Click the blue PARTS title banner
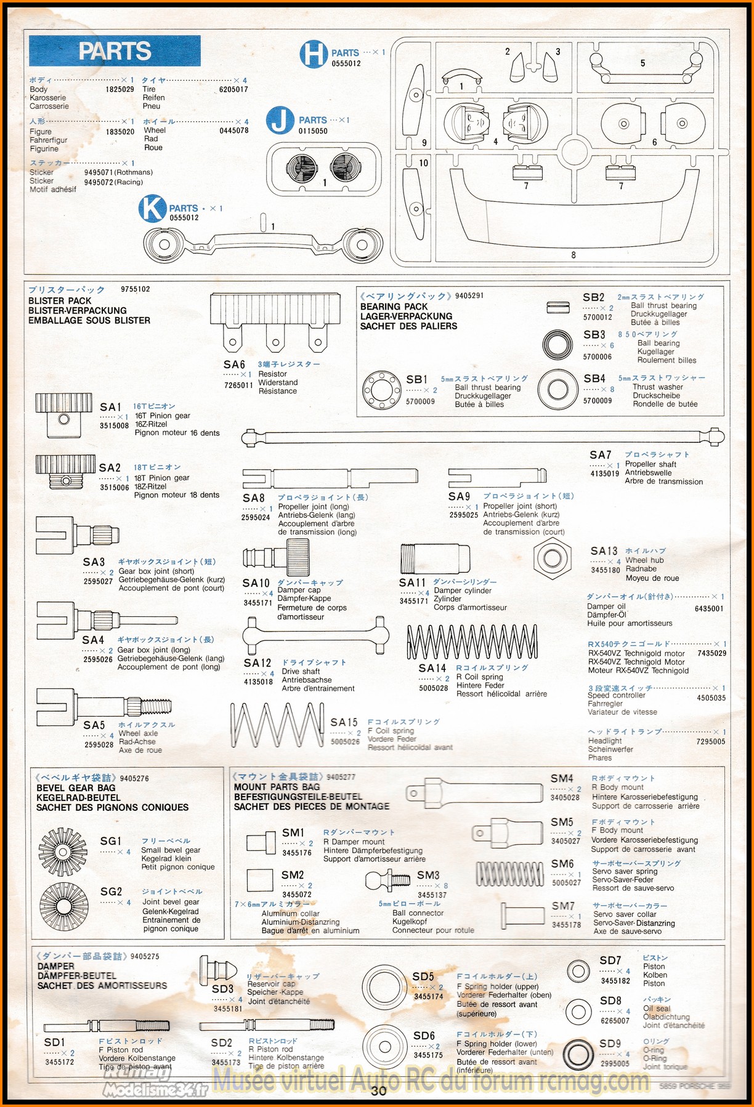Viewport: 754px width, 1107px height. point(115,51)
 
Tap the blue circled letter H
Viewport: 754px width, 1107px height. point(314,54)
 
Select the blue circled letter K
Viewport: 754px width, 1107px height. point(152,209)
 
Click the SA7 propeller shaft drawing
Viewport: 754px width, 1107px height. point(482,437)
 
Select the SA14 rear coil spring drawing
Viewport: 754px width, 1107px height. point(472,642)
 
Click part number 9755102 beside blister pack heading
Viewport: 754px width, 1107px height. point(136,289)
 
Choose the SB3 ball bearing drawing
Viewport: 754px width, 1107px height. point(558,345)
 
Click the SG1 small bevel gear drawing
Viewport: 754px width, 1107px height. point(63,851)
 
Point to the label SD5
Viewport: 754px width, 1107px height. point(423,976)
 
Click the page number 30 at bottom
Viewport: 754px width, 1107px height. point(378,1090)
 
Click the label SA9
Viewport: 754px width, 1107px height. point(459,496)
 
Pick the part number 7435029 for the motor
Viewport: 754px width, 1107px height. point(711,653)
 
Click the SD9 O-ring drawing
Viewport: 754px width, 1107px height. point(578,1055)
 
